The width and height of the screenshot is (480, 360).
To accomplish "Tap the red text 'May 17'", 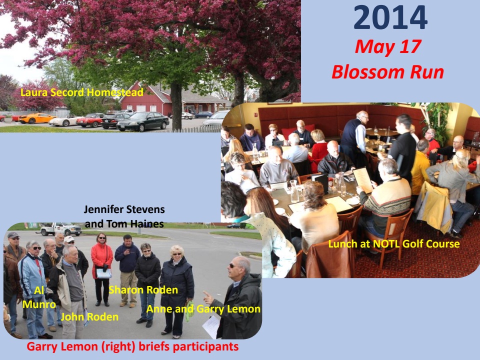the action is click(x=388, y=47).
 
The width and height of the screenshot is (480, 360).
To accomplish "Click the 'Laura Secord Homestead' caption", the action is click(x=81, y=92).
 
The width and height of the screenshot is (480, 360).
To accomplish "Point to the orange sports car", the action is click(x=36, y=118).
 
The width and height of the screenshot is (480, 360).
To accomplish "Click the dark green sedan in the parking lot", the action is click(x=143, y=121).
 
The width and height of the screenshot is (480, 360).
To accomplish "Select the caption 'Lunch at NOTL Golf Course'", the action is click(x=394, y=244).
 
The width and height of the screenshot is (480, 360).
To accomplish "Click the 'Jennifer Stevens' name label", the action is click(x=124, y=209).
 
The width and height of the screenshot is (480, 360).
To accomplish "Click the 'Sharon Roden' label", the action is click(x=143, y=290).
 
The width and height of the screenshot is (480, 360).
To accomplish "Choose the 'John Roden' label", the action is click(x=89, y=317).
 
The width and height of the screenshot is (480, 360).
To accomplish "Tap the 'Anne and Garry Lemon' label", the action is click(x=203, y=309).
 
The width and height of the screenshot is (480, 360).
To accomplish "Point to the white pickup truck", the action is click(x=60, y=229).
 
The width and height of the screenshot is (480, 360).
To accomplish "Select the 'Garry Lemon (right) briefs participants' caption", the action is click(x=132, y=347).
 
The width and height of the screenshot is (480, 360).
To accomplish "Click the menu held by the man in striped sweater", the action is click(x=363, y=180).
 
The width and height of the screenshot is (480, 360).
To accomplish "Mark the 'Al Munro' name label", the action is click(x=39, y=297).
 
